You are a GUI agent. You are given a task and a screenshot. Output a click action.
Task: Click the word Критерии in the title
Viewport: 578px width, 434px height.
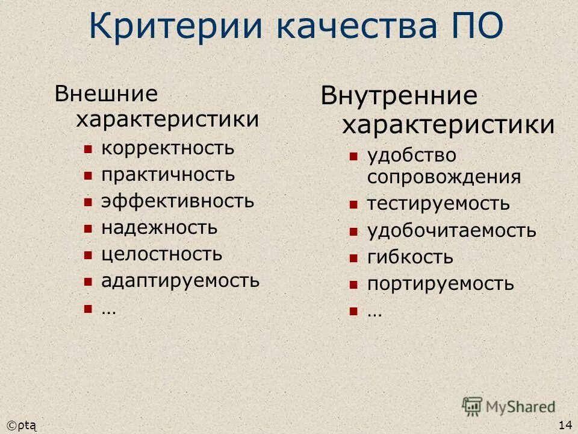coord(175,27)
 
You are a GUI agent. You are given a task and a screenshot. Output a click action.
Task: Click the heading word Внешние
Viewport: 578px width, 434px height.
coord(106,93)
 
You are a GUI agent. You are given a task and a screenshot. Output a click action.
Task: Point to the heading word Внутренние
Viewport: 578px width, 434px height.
coord(399,96)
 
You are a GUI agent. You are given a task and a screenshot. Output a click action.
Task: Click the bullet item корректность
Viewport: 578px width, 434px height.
coord(168,148)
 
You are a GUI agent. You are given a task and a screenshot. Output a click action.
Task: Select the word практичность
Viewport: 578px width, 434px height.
coord(168,175)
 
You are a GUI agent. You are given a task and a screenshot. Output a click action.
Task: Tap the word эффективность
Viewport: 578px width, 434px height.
coord(178,201)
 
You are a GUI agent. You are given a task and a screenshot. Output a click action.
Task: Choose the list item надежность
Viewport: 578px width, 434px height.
coord(159,228)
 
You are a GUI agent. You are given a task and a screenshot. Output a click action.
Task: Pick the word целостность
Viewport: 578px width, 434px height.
coord(162,254)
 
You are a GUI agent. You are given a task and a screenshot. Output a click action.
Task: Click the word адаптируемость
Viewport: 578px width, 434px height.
coord(181,281)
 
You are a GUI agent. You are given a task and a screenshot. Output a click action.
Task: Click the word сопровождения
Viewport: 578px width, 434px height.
coord(444,177)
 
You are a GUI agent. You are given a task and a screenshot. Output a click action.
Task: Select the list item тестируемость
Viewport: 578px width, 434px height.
coord(438,204)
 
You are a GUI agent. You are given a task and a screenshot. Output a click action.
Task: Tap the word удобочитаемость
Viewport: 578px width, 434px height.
coord(452,231)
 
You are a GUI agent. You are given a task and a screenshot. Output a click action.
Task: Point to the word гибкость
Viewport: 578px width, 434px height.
coord(410,257)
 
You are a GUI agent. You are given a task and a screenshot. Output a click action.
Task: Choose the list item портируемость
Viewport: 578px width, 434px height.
coord(441,284)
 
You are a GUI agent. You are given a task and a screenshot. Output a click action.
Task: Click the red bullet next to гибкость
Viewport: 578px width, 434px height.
coord(353,258)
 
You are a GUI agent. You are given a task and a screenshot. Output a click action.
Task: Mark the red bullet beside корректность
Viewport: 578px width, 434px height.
coord(88,149)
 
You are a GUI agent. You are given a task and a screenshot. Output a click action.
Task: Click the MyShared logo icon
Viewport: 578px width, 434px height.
coord(472,407)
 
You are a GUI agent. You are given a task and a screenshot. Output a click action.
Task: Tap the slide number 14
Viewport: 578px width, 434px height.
coord(565,425)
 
